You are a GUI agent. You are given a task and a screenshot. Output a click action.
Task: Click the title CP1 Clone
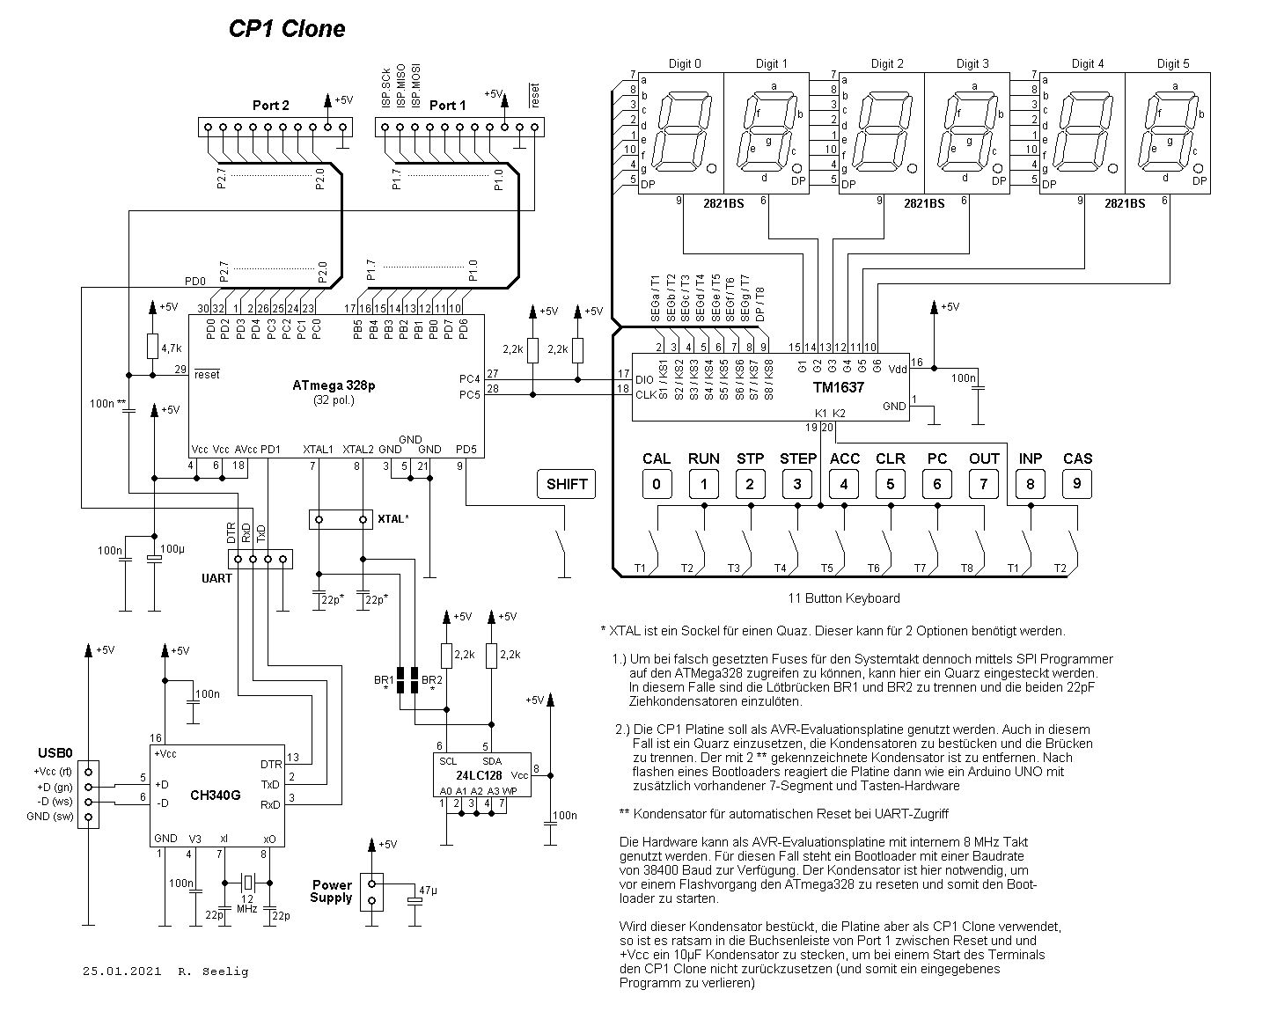(287, 29)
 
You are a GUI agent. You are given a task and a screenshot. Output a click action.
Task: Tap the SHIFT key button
(566, 484)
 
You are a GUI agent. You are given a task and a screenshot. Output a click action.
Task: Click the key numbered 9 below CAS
(1077, 484)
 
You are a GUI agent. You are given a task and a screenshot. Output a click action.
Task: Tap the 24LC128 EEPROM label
(480, 775)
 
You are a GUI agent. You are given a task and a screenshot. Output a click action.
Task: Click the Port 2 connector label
(270, 106)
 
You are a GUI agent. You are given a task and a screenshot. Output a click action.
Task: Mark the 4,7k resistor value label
(171, 349)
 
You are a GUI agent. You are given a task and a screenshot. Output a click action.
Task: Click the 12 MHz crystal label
(246, 903)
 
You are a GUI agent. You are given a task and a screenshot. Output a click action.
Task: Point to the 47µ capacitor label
(429, 891)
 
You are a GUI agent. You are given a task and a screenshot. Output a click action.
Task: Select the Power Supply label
(332, 891)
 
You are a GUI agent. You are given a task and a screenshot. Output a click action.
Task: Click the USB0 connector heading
(55, 754)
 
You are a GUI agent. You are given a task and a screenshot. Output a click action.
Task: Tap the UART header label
(216, 578)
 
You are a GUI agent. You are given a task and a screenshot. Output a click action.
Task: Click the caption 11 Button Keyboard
(843, 598)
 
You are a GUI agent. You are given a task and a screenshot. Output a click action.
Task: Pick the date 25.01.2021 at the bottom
(122, 971)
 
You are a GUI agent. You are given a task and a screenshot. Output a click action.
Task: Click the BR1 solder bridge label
(384, 680)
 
